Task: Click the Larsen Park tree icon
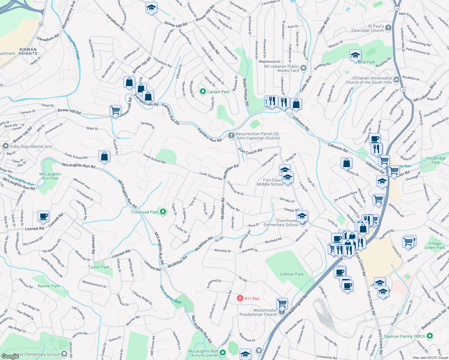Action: (x=203, y=91)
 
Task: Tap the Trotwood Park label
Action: (x=144, y=212)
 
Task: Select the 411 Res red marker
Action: (x=240, y=298)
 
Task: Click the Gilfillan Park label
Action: (x=291, y=274)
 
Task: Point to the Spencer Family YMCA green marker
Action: (x=430, y=336)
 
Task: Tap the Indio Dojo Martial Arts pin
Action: (x=6, y=146)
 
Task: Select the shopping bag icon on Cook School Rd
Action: (x=104, y=156)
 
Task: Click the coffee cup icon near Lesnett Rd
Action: (x=44, y=216)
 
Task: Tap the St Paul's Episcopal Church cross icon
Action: (x=388, y=28)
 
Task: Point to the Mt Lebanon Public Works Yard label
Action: (x=282, y=68)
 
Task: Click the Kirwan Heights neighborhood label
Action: (x=28, y=51)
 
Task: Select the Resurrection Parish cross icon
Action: (x=231, y=136)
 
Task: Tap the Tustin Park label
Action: (x=99, y=267)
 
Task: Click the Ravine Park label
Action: (x=49, y=286)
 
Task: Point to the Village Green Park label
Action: (x=435, y=245)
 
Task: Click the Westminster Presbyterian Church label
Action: (x=258, y=312)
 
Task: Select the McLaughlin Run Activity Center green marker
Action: (x=223, y=352)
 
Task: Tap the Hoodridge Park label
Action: (x=436, y=160)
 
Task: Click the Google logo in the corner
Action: (x=10, y=356)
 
